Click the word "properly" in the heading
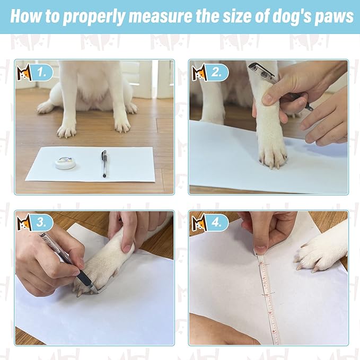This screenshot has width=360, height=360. click(x=94, y=16)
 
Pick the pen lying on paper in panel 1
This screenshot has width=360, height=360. click(x=104, y=163)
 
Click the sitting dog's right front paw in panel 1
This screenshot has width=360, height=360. click(x=67, y=129)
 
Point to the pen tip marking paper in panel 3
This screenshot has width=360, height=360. click(x=95, y=290)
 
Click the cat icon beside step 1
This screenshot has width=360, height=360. click(x=24, y=73)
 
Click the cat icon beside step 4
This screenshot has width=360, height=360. click(x=199, y=223)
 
